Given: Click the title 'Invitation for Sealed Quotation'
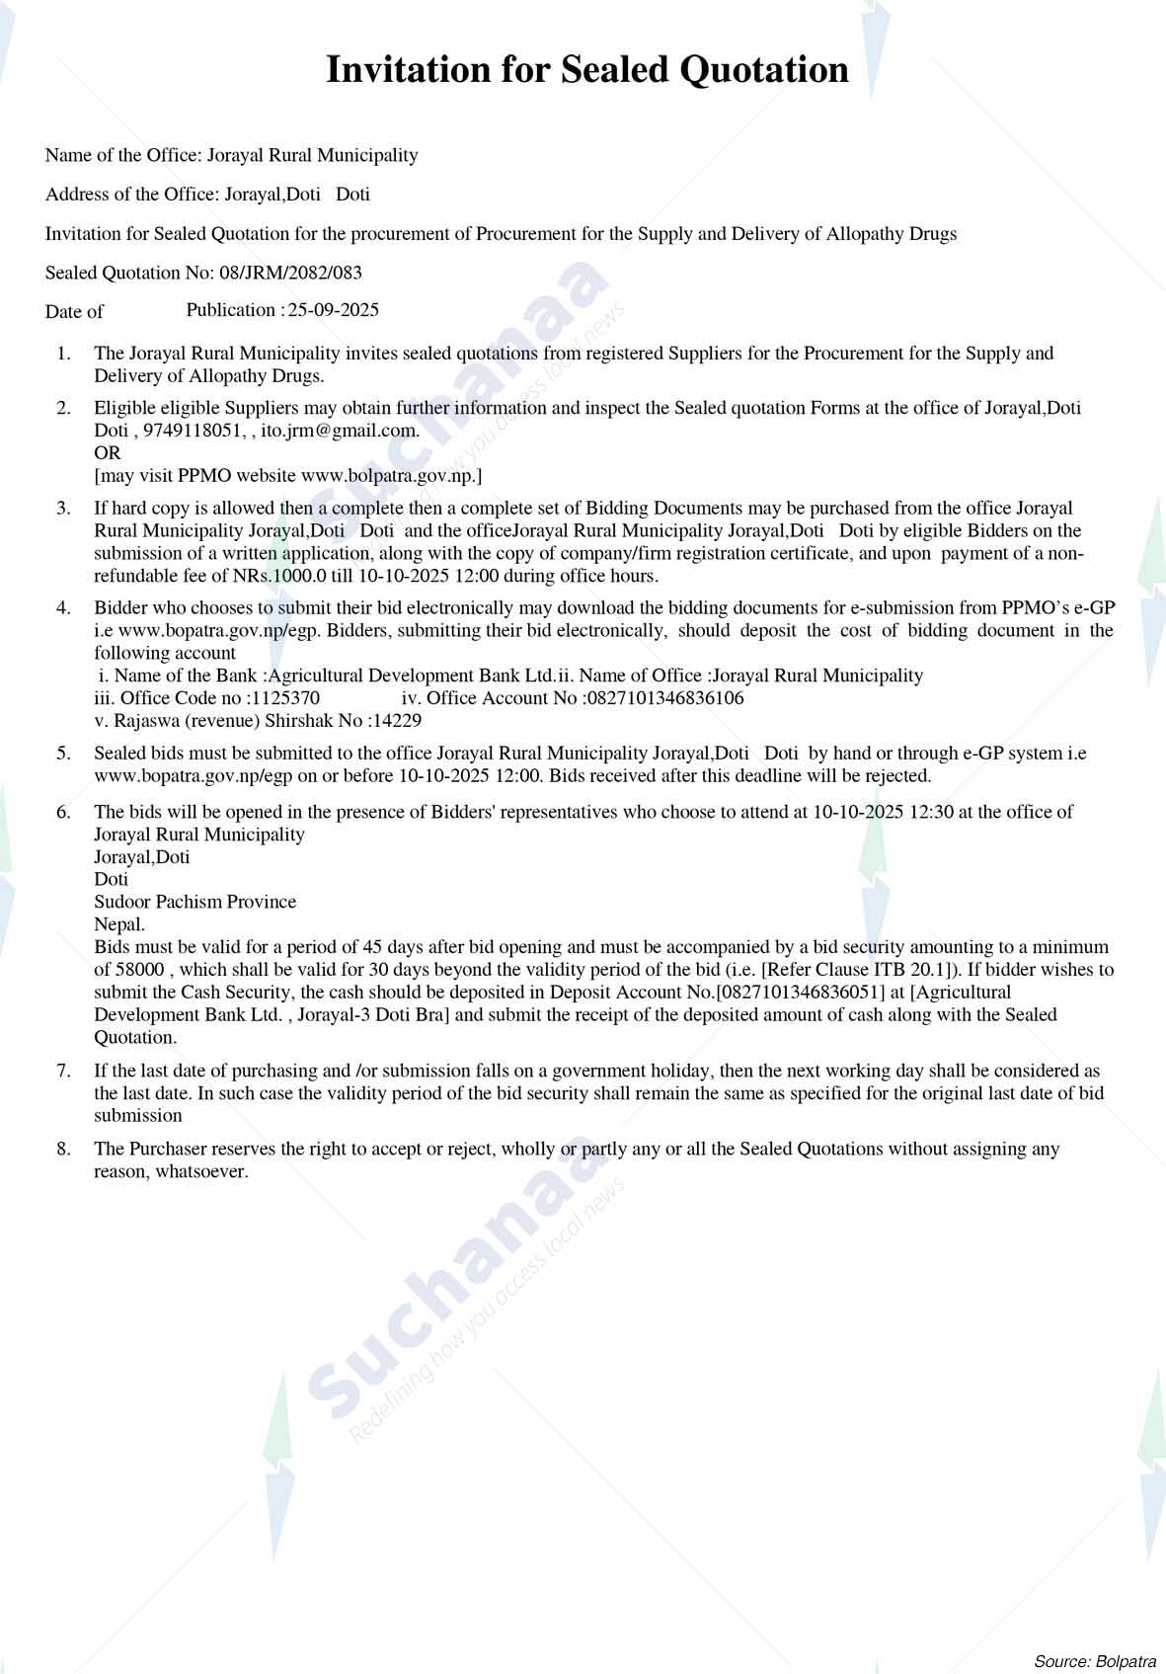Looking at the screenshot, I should point(586,70).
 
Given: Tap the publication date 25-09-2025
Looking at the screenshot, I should point(333,310).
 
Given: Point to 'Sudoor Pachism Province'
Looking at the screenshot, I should point(194,902).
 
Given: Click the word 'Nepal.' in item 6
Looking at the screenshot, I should point(119,924).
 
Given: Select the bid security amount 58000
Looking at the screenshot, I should point(137,970).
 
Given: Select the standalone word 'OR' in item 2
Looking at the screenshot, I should point(107,453).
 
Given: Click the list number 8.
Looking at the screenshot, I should point(63,1150).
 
